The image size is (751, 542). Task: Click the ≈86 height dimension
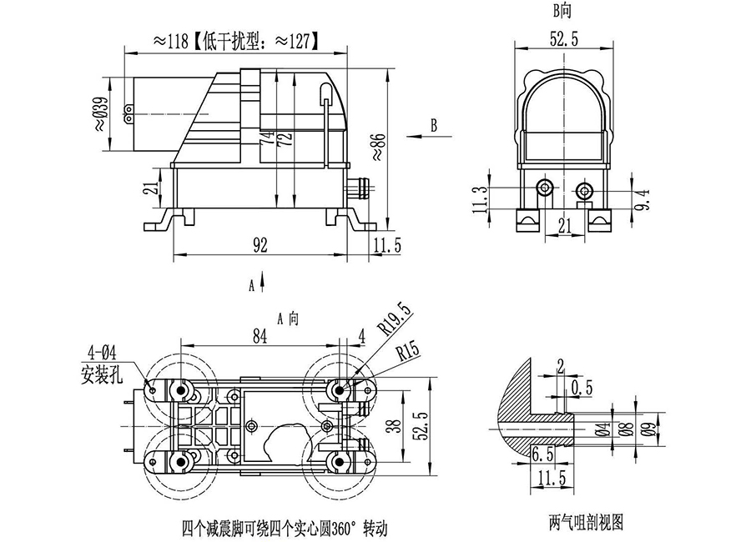(x=377, y=144)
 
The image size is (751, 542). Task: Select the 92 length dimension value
(x=260, y=244)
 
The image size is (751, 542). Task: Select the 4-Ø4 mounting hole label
(x=99, y=352)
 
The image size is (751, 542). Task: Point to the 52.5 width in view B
(x=564, y=38)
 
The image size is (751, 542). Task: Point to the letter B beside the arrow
(x=433, y=125)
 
